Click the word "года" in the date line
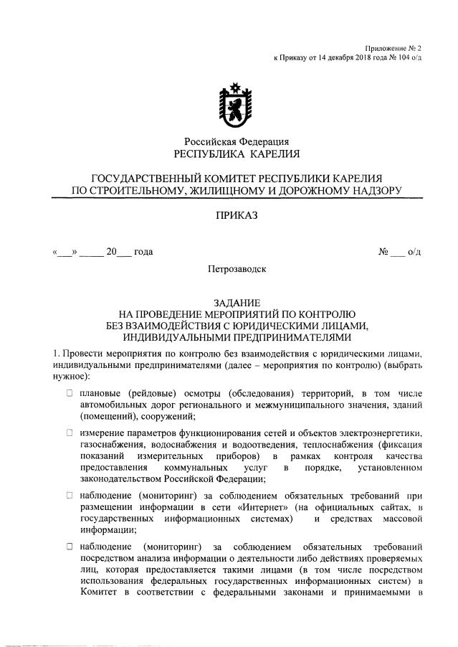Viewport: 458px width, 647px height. [143, 252]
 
